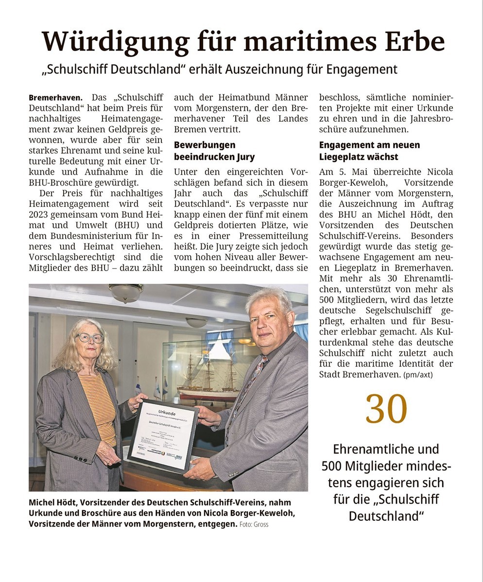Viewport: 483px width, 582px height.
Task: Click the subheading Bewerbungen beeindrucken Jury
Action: (x=214, y=151)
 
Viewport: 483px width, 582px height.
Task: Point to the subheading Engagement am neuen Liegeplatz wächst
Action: (x=369, y=151)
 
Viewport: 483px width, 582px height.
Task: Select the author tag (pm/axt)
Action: (x=418, y=375)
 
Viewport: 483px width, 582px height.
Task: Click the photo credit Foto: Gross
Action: (x=254, y=524)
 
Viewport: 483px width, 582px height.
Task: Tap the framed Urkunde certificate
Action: (x=164, y=435)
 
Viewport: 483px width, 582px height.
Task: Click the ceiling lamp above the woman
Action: (x=125, y=292)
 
